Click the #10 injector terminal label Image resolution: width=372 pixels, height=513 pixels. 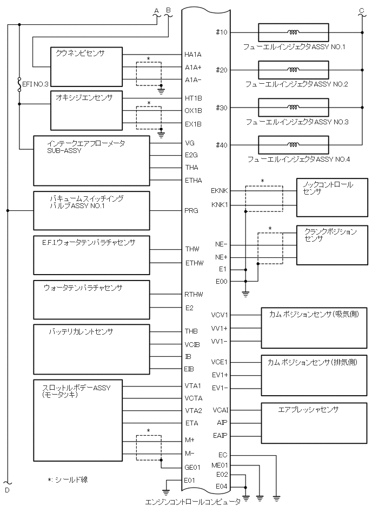(x=222, y=32)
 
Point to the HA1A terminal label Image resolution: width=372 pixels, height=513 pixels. (x=193, y=55)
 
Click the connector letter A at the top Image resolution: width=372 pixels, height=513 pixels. (x=156, y=10)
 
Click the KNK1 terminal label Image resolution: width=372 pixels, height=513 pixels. (x=220, y=205)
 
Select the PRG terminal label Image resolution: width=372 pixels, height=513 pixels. (x=191, y=211)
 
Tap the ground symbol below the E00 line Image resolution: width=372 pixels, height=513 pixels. (x=245, y=294)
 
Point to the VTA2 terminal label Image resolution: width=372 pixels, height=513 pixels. (x=193, y=410)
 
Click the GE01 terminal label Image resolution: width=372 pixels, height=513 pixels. (x=193, y=468)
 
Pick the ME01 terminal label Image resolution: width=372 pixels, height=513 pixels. (x=220, y=464)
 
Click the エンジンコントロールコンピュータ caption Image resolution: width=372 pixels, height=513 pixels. (x=193, y=502)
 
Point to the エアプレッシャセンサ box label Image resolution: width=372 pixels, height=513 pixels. (x=308, y=410)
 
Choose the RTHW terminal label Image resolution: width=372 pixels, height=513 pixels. (x=193, y=295)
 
